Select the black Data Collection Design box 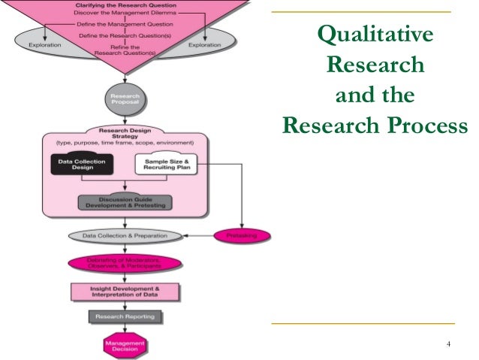(82, 163)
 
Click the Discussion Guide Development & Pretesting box (125, 203)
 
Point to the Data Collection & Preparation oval (125, 236)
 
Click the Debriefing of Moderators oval (125, 264)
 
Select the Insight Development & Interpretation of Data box (125, 291)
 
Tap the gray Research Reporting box (125, 316)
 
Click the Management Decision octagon (125, 345)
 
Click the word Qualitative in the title (375, 35)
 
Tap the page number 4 (447, 345)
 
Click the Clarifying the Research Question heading (125, 4)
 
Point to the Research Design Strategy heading (125, 132)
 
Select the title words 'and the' (375, 95)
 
